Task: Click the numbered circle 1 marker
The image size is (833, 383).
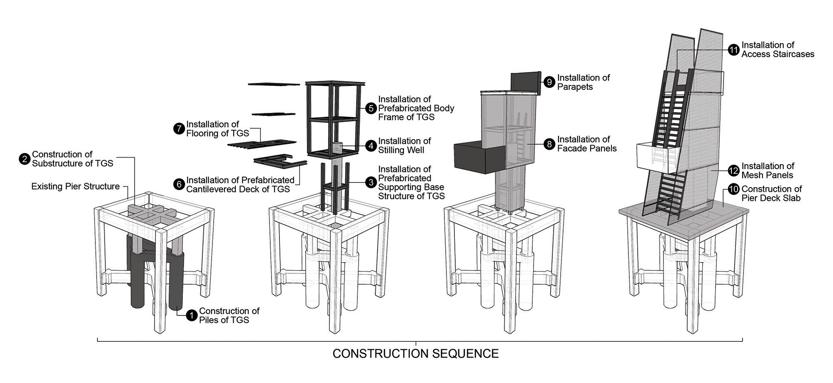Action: (x=191, y=315)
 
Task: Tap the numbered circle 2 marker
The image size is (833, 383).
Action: (x=24, y=159)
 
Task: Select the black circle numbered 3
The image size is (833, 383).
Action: (x=370, y=183)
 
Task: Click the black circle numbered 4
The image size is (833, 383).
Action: (x=370, y=145)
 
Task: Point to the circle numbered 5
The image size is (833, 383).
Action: (x=370, y=108)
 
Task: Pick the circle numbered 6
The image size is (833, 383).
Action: (x=179, y=184)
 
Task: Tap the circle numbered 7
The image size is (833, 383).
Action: (x=179, y=129)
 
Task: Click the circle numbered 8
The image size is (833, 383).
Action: (x=549, y=144)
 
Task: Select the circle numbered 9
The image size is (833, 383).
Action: (x=549, y=82)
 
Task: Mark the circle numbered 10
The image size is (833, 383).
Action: (x=733, y=190)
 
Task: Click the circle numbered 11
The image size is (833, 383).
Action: (x=733, y=50)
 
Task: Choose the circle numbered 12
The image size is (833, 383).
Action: (x=733, y=170)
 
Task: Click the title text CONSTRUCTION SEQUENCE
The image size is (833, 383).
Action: (x=415, y=354)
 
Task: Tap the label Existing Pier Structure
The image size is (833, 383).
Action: (x=75, y=186)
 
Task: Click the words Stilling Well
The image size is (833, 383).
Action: (x=401, y=150)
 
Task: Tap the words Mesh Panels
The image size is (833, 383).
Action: (x=767, y=175)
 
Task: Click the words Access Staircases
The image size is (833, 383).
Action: (x=778, y=54)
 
